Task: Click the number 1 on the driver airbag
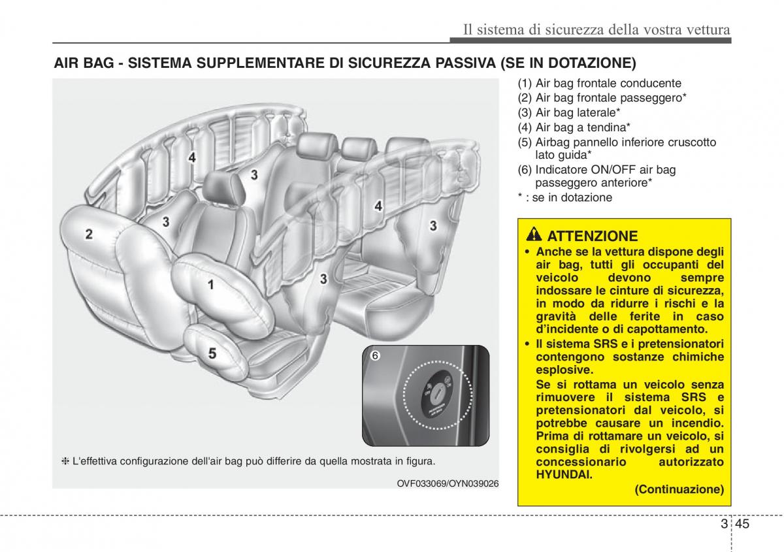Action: click(210, 284)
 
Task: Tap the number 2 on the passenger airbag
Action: click(88, 234)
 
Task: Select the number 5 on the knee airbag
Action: click(212, 353)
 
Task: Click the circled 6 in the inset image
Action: click(375, 356)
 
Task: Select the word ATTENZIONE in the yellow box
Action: click(592, 236)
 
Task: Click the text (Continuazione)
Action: click(679, 489)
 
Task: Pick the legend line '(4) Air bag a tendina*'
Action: click(574, 127)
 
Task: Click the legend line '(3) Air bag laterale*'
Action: click(569, 112)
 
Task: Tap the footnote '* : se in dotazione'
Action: click(565, 197)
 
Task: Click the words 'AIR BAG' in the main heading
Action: click(82, 63)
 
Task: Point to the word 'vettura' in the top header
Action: click(706, 29)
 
